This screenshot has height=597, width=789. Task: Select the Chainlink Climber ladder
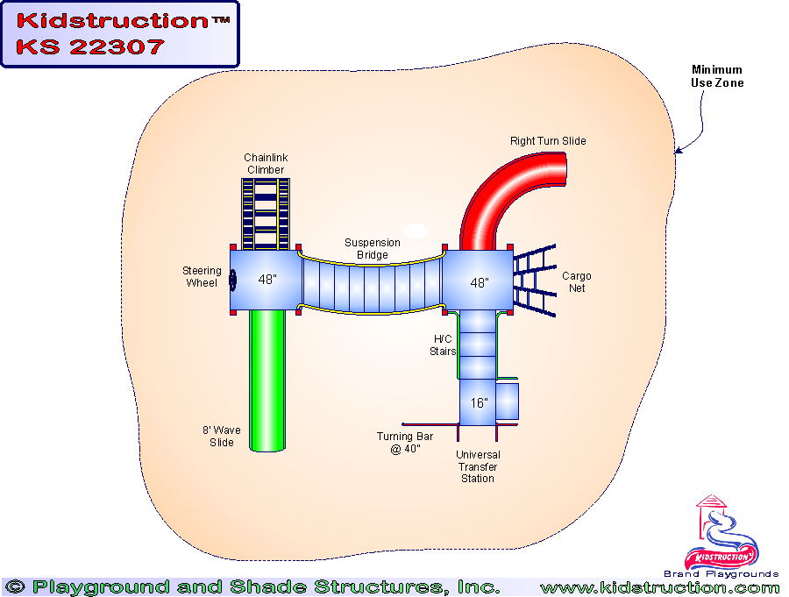(265, 210)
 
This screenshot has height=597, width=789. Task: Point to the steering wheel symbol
(233, 280)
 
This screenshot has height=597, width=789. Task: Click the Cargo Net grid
(535, 281)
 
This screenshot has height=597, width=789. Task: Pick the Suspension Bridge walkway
(373, 283)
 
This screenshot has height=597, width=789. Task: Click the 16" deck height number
(478, 403)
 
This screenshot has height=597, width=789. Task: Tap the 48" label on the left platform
(267, 280)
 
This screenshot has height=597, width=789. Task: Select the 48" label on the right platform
(479, 283)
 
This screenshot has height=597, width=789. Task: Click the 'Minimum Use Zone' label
(716, 76)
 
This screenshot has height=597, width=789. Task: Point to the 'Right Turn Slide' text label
(548, 141)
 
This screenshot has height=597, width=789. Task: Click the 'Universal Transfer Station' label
(478, 466)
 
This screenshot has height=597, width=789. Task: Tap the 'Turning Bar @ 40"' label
(399, 443)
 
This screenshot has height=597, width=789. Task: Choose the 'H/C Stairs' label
(443, 345)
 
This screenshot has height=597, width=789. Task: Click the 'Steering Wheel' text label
(202, 277)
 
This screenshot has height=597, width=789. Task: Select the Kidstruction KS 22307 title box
(119, 34)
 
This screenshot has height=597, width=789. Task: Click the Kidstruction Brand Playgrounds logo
(721, 537)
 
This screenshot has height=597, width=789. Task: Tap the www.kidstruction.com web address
(659, 587)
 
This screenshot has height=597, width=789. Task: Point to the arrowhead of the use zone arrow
(678, 152)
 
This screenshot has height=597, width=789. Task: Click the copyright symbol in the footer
(14, 587)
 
